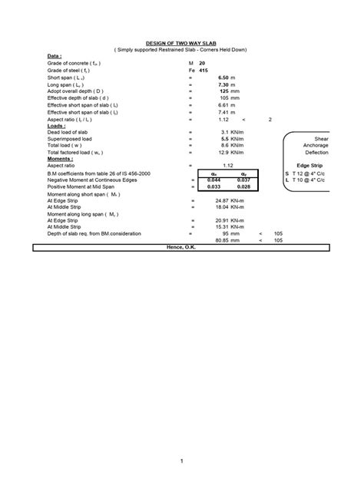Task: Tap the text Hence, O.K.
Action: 183,247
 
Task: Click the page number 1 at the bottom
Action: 182,460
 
